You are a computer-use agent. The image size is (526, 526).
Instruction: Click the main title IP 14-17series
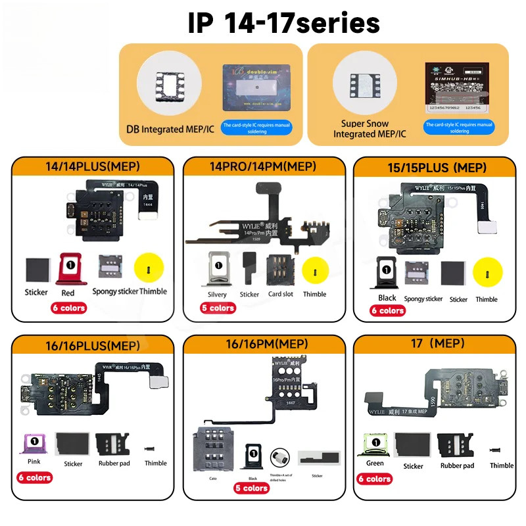pyautogui.click(x=283, y=23)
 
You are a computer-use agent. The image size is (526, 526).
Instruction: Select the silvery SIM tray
pyautogui.click(x=217, y=269)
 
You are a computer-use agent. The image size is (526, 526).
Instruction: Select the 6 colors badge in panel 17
pyautogui.click(x=375, y=479)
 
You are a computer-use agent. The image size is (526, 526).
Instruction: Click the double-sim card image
pyautogui.click(x=256, y=87)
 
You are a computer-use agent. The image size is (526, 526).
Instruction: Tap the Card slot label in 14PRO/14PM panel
pyautogui.click(x=280, y=294)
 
